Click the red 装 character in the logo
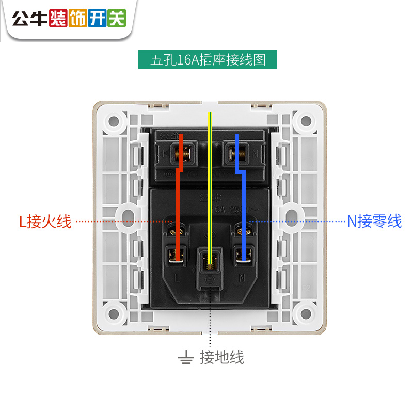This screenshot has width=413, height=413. tap(58, 19)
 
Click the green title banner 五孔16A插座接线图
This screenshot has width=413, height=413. tap(208, 59)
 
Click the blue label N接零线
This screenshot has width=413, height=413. tap(374, 222)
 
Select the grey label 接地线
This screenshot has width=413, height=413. tap(221, 357)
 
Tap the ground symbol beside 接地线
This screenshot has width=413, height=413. tap(185, 357)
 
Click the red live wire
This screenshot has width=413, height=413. tap(177, 206)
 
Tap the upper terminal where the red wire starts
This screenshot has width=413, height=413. tap(182, 152)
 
